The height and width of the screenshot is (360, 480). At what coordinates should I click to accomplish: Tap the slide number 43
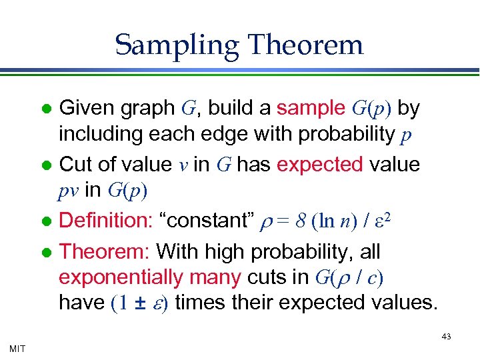click(447, 337)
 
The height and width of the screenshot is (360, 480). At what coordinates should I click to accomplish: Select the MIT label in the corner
click(18, 348)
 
